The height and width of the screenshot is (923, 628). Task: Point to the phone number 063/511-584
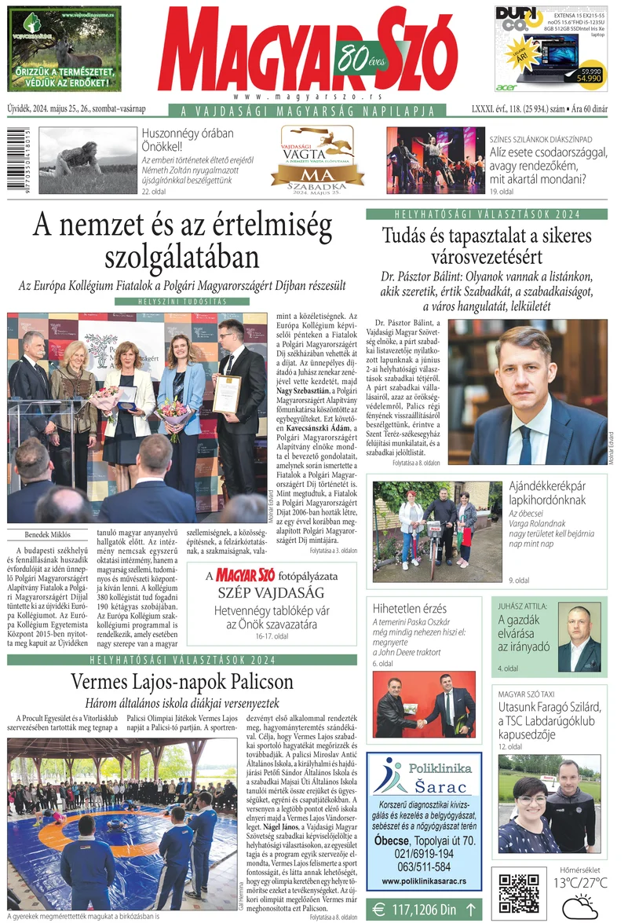pos(423,866)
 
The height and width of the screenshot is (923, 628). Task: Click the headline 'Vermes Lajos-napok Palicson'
pos(181,681)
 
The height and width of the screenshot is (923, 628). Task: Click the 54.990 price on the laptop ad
pos(589,78)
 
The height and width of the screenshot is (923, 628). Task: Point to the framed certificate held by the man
pos(227,394)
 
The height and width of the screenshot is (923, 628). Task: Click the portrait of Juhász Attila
pos(579,638)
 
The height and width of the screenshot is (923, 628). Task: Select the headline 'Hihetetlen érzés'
pos(410,609)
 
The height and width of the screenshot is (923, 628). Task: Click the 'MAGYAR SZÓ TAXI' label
pos(526,694)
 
